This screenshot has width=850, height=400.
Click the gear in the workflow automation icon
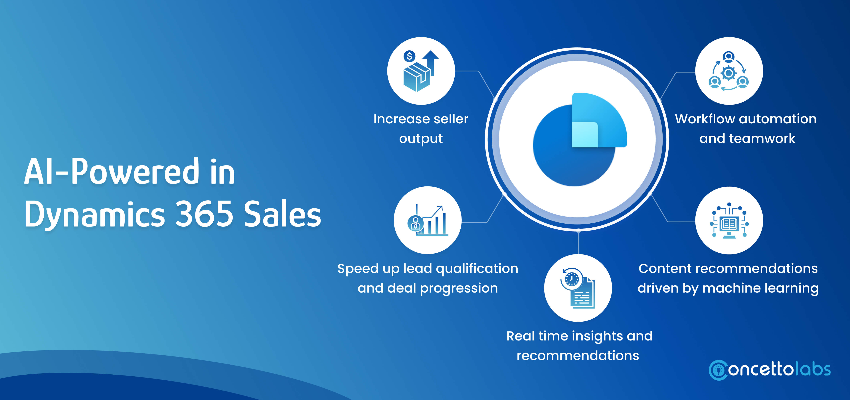pos(728,73)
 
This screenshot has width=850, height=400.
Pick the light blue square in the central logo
pos(585,134)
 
